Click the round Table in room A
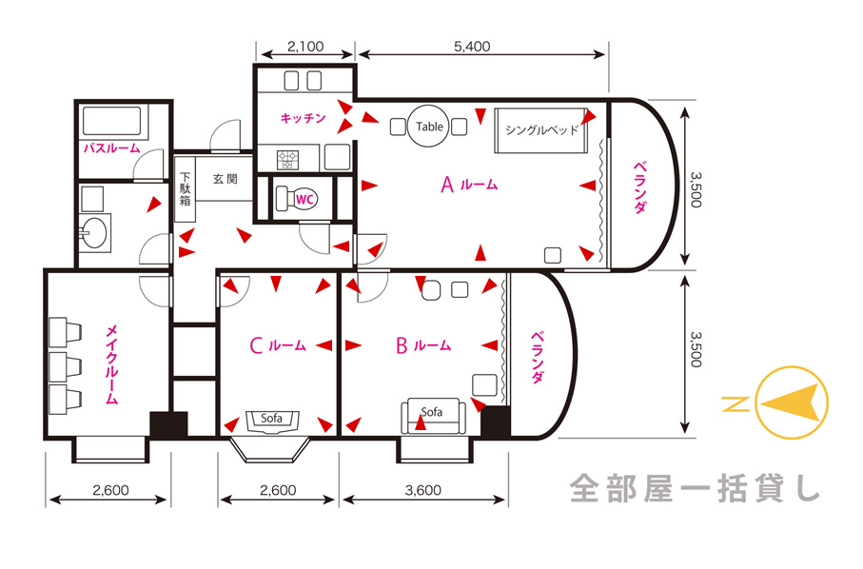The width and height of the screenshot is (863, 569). [x=429, y=126]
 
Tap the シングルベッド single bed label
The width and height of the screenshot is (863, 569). [x=541, y=129]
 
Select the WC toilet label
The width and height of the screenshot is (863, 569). [x=304, y=199]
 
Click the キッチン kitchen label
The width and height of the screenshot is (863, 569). [x=303, y=118]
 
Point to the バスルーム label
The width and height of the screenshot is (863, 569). [x=111, y=148]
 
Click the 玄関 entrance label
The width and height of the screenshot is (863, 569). [x=226, y=179]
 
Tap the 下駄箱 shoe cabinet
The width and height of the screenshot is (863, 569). [x=185, y=188]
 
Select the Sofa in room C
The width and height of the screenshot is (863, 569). [x=272, y=421]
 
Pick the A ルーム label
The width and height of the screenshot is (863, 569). [x=469, y=185]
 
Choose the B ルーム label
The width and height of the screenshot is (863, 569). [x=423, y=345]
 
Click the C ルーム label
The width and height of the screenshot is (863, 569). [x=278, y=345]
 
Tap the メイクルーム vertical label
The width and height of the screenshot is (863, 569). [x=111, y=364]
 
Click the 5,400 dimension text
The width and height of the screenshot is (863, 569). [x=472, y=47]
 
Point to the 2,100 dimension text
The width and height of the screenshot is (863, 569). [x=305, y=47]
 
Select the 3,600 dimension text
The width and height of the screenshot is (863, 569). [x=423, y=490]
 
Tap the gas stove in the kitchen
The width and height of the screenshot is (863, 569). [x=288, y=160]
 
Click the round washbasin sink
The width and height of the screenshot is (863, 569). [x=94, y=232]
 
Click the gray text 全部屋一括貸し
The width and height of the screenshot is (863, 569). [x=696, y=488]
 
